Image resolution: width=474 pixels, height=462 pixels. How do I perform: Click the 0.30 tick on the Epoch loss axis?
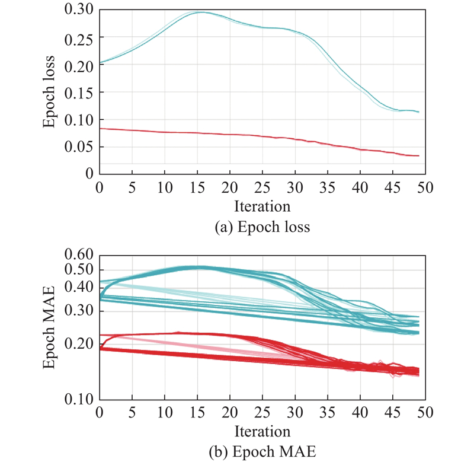79,10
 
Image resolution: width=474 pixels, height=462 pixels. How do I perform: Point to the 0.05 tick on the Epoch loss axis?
79,146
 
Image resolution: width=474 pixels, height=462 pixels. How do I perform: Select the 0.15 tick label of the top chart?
79,93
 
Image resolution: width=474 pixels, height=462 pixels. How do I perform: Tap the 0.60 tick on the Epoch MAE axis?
79,256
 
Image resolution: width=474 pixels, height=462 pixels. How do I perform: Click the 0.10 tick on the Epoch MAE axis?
79,399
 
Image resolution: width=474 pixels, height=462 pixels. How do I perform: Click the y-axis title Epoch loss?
50,93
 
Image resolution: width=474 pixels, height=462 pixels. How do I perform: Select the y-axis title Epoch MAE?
50,327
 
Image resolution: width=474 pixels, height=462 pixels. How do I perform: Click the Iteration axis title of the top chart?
262,206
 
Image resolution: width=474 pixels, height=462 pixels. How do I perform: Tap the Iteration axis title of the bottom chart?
262,429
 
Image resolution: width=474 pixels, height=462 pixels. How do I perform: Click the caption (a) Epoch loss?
262,227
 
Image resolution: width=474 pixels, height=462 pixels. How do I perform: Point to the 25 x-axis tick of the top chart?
262,188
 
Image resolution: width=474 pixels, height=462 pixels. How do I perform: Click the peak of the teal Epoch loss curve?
200,12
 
